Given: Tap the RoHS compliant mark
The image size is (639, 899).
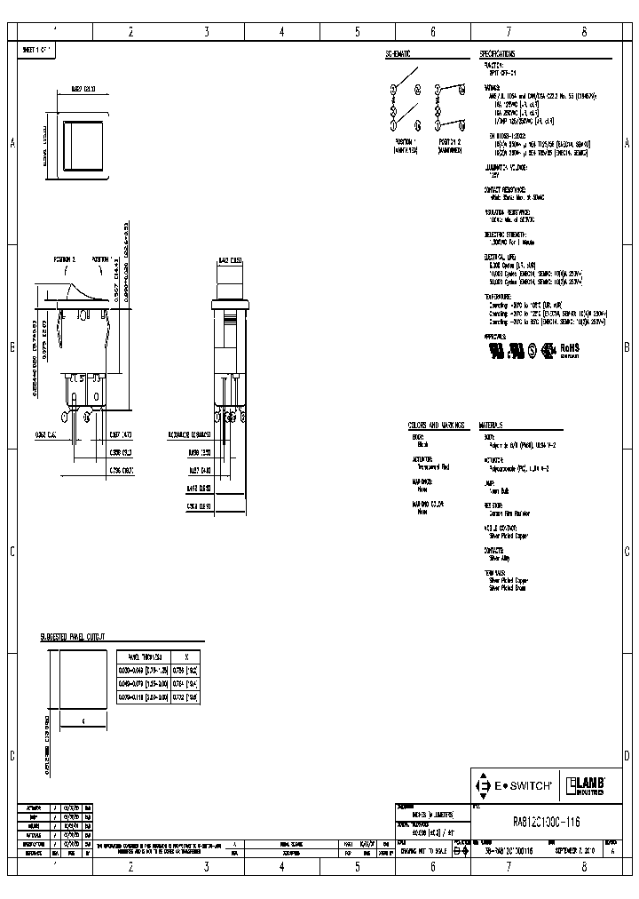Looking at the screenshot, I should [569, 349].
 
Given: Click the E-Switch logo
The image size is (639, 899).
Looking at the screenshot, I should [516, 786].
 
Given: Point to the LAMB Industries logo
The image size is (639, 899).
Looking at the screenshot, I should [587, 786].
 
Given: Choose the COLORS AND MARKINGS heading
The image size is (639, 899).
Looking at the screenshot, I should [437, 426].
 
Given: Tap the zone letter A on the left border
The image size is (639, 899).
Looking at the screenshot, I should [12, 143].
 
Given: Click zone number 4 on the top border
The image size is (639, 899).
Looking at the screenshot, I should [281, 32].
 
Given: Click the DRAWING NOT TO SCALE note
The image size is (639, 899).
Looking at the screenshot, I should [424, 850].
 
